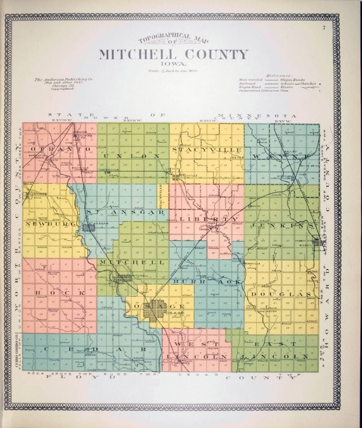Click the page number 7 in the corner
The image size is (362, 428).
click(324, 28)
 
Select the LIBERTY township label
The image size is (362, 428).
click(208, 219)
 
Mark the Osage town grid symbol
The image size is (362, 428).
click(157, 310)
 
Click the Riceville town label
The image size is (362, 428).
click(307, 245)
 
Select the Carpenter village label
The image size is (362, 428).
click(37, 194)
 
